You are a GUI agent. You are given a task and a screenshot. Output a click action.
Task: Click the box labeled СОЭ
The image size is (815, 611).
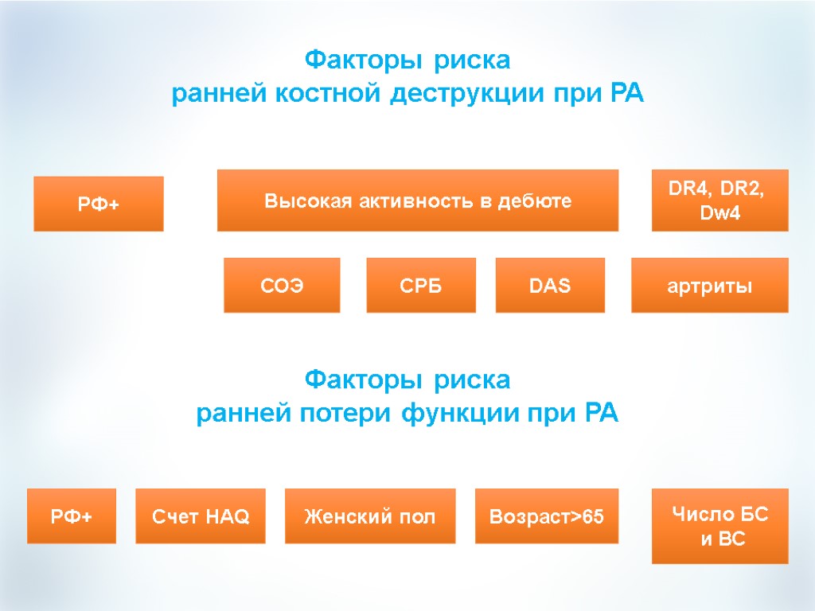[282, 286]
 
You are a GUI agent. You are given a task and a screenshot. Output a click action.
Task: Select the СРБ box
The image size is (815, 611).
[421, 286]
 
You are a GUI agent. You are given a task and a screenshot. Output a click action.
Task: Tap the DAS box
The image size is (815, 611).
[550, 286]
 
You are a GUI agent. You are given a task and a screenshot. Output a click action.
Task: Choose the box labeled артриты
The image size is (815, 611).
[710, 286]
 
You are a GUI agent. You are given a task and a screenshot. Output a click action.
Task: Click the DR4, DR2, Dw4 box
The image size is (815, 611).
[720, 200]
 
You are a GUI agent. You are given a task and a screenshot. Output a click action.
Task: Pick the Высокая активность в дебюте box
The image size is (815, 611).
[418, 200]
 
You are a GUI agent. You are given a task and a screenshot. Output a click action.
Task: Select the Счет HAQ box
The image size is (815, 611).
[201, 516]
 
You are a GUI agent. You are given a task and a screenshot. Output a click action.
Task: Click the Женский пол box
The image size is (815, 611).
[370, 516]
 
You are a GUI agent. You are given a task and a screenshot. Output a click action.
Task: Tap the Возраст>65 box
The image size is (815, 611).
[547, 516]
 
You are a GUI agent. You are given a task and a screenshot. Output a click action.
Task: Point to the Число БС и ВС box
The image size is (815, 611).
[720, 526]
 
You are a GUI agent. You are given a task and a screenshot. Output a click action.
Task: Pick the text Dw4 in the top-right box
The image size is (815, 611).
[720, 214]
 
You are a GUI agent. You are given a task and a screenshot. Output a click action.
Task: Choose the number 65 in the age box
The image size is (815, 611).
[593, 517]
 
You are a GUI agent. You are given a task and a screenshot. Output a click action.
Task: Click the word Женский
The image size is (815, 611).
[340, 517]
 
